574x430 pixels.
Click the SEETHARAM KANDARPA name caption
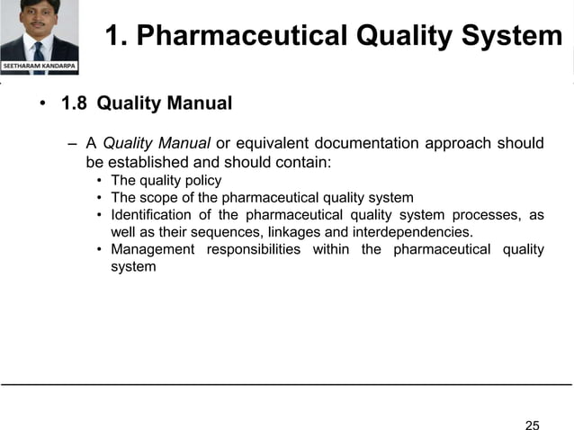tap(40, 67)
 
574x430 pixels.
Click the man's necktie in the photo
tap(39, 49)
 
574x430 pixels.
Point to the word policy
tap(202, 181)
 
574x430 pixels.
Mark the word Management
tap(152, 249)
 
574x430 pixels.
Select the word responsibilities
tap(254, 249)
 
